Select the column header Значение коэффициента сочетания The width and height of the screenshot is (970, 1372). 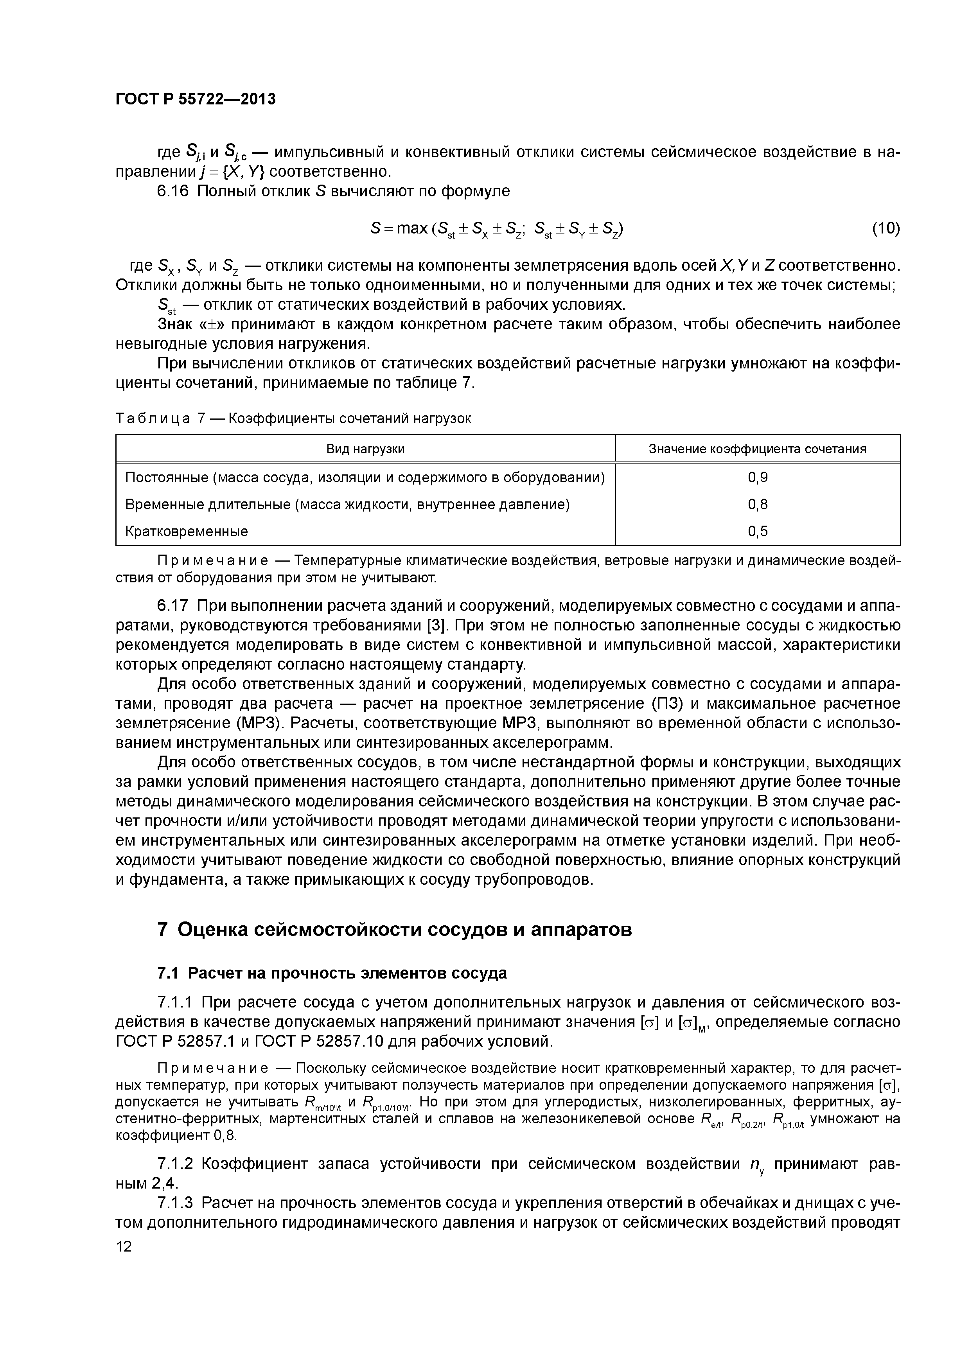coord(757,449)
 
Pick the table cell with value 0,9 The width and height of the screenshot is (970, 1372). coord(757,478)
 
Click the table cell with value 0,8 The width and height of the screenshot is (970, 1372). coord(757,505)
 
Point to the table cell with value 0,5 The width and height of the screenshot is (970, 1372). coord(757,531)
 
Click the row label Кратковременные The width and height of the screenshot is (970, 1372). coord(187,531)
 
